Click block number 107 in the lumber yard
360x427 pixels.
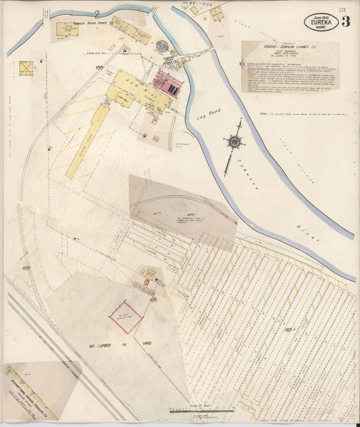click(288, 330)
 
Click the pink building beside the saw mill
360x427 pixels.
click(167, 83)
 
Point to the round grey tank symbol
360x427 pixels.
click(162, 46)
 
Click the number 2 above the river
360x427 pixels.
click(98, 13)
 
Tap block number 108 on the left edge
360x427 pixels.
click(26, 268)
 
